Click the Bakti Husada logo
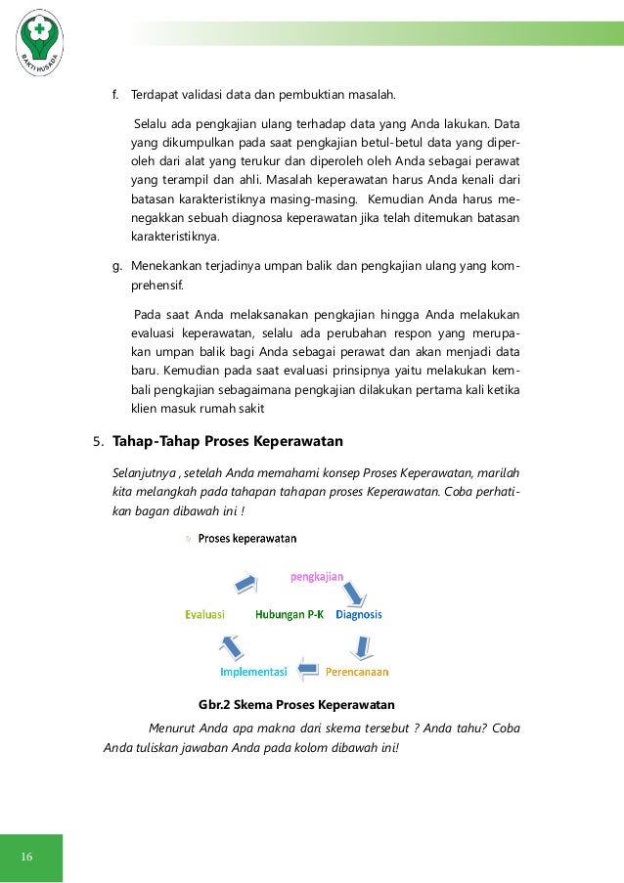(39, 41)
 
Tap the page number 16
(26, 858)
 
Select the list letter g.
(114, 266)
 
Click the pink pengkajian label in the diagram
(316, 577)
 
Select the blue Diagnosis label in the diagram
(358, 615)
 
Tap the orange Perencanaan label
(357, 672)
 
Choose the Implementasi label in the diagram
(252, 672)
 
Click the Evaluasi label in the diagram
(205, 615)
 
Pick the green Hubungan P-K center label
(290, 615)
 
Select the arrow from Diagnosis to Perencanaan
(362, 644)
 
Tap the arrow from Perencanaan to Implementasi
(307, 671)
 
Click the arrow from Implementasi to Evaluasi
(231, 645)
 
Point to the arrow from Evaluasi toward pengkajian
(245, 584)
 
